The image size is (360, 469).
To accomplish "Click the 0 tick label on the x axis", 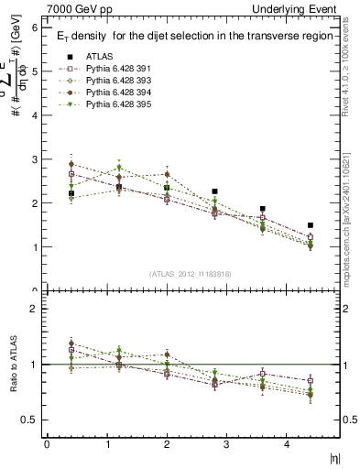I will (46, 444).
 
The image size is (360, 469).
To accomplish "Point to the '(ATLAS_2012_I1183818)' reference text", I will (190, 274).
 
